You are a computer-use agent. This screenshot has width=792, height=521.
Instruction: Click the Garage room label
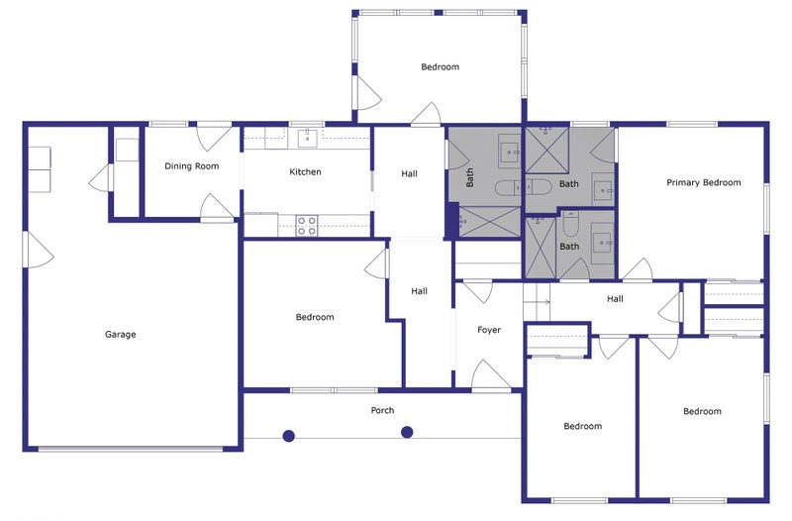click(x=120, y=334)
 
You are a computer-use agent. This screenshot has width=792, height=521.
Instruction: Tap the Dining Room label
click(x=192, y=165)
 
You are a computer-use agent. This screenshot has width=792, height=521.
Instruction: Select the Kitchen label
click(x=305, y=171)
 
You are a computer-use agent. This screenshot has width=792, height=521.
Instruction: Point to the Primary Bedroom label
click(x=704, y=182)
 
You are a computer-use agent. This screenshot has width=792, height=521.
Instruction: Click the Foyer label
click(x=489, y=330)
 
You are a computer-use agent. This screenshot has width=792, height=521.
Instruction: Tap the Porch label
click(x=382, y=410)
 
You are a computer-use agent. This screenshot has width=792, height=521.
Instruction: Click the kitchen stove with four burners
click(x=307, y=226)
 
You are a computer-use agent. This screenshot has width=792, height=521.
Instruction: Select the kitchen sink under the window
click(x=307, y=138)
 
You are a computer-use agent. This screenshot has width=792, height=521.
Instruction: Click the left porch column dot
click(x=288, y=436)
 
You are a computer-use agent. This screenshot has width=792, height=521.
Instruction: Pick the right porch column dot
click(x=407, y=432)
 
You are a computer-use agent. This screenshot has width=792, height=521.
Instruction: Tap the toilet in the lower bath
click(x=571, y=224)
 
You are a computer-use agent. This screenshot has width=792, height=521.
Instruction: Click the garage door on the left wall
click(x=38, y=250)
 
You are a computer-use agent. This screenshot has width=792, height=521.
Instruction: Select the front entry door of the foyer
click(x=490, y=375)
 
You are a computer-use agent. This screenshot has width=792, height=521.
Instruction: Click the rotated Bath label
click(x=469, y=178)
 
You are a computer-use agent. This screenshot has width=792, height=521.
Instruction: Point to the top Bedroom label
click(x=440, y=66)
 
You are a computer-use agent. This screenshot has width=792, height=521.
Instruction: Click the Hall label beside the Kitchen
click(x=409, y=174)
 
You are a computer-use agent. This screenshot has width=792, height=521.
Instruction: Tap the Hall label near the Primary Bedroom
click(x=615, y=299)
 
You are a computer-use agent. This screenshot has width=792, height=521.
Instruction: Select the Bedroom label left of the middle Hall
click(x=315, y=317)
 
